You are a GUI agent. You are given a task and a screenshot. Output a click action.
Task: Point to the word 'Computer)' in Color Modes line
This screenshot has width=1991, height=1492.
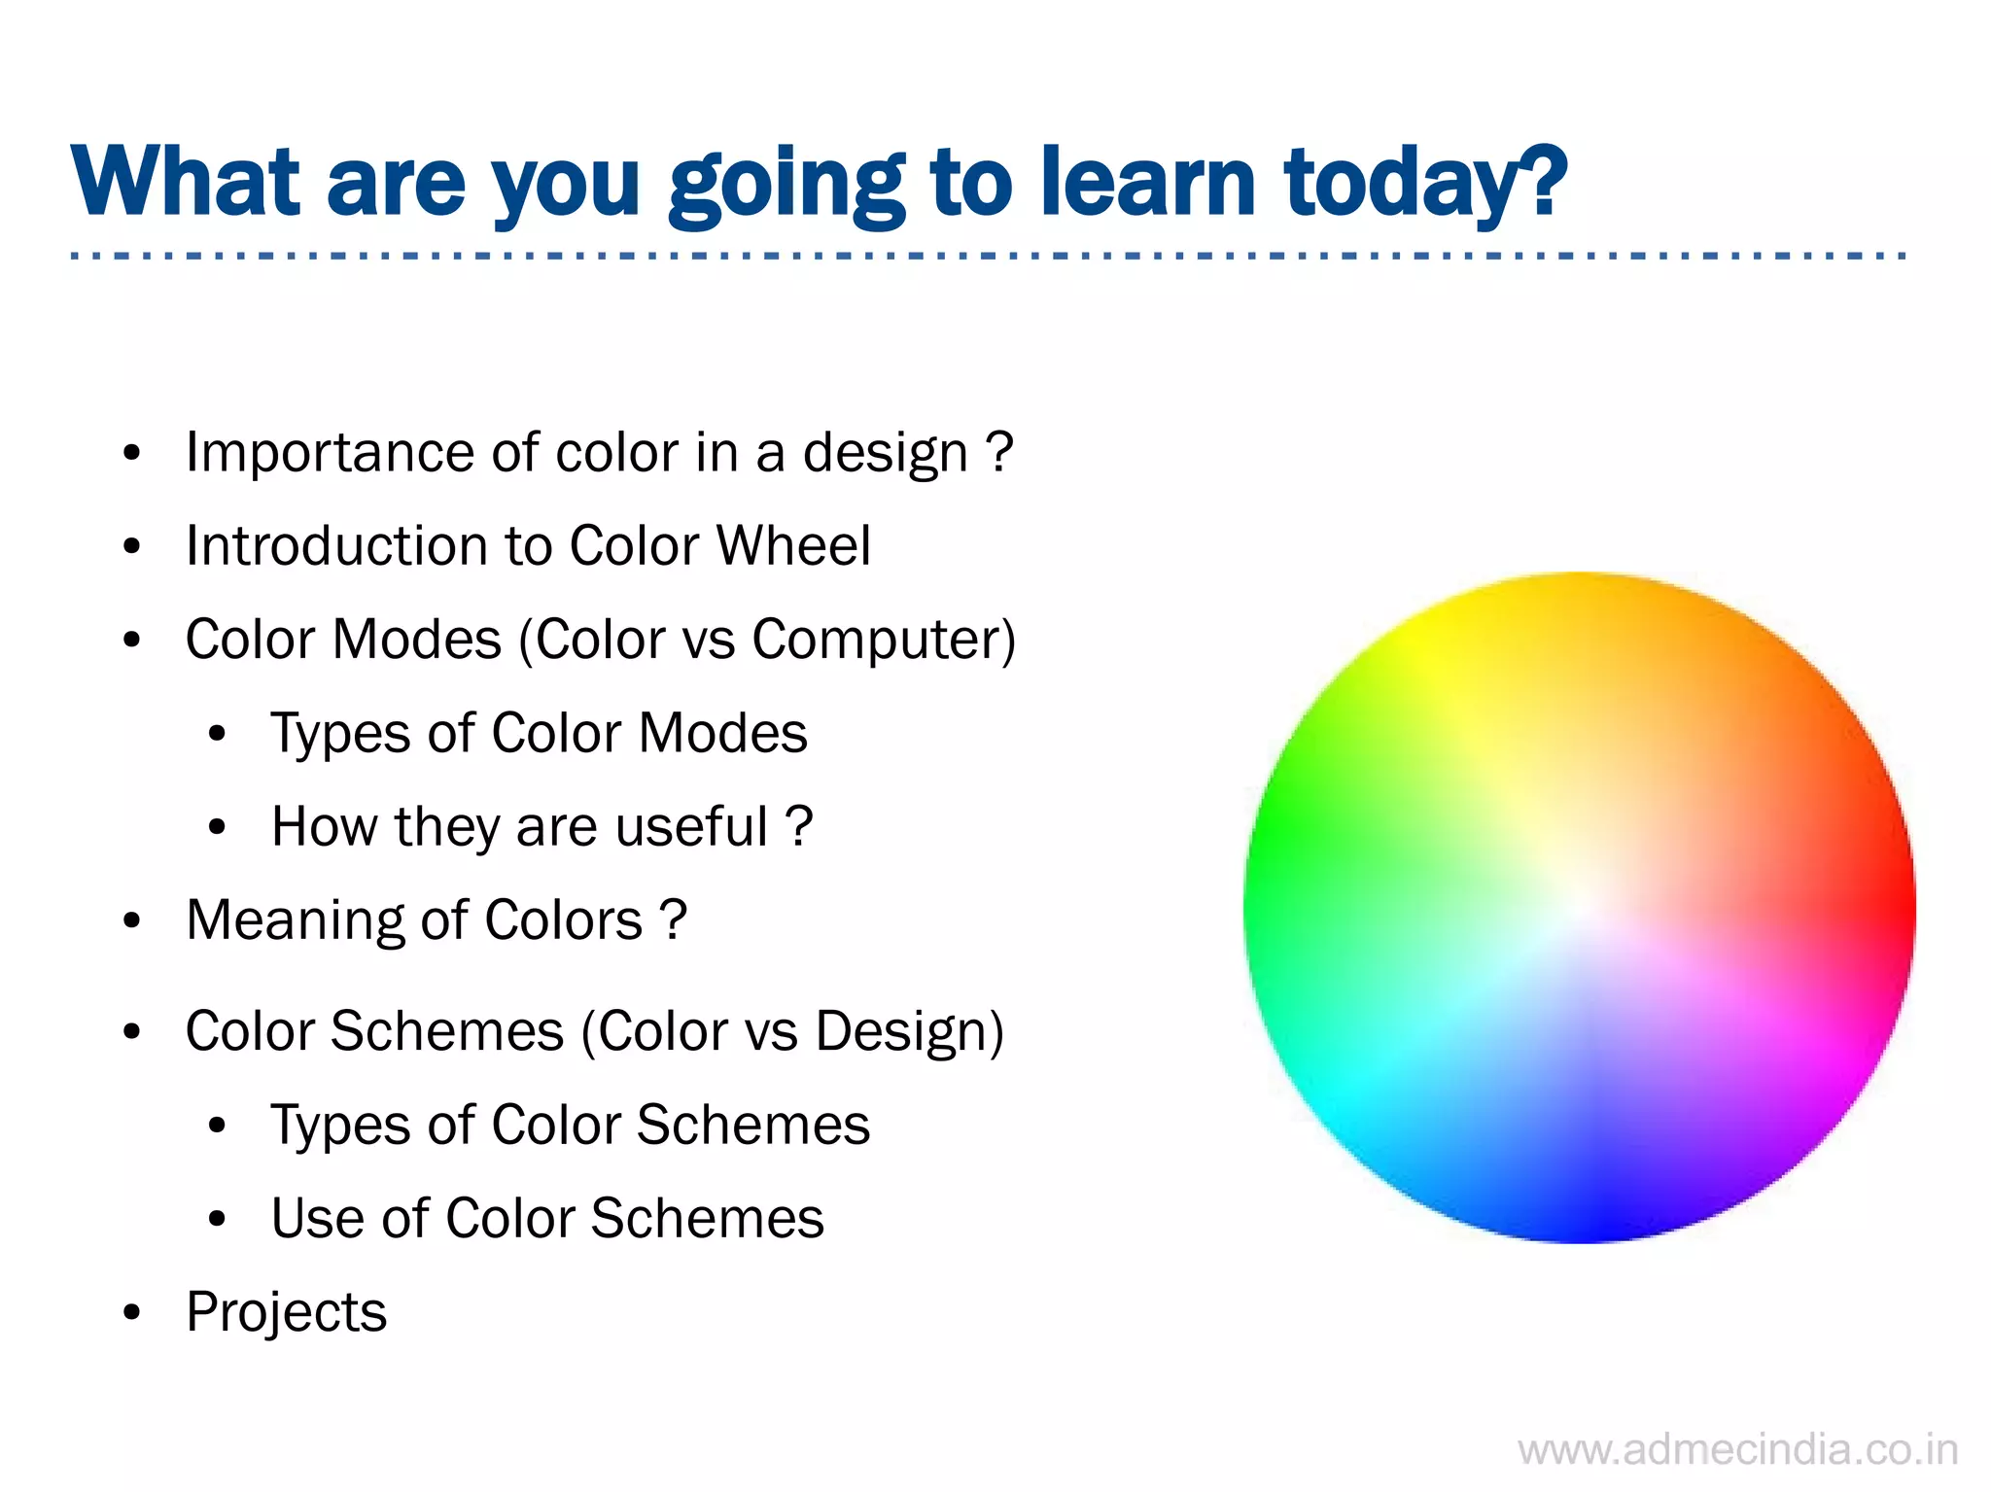coord(884,641)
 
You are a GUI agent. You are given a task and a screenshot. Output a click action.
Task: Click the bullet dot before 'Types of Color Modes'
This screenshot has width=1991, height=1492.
coord(217,735)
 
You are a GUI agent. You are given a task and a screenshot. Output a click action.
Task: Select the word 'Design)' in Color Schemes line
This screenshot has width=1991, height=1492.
coord(909,1031)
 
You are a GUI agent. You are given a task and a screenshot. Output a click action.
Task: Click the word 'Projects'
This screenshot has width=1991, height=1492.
coord(286,1312)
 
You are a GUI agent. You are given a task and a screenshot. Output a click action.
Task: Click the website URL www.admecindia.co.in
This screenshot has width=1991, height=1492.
coord(1737,1450)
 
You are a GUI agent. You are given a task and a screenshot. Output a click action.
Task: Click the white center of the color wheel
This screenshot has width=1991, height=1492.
coord(1579,908)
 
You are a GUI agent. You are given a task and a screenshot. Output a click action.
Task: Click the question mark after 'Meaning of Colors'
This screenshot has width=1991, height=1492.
coord(673,919)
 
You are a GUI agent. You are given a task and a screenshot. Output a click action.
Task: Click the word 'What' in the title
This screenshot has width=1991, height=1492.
coord(185,183)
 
